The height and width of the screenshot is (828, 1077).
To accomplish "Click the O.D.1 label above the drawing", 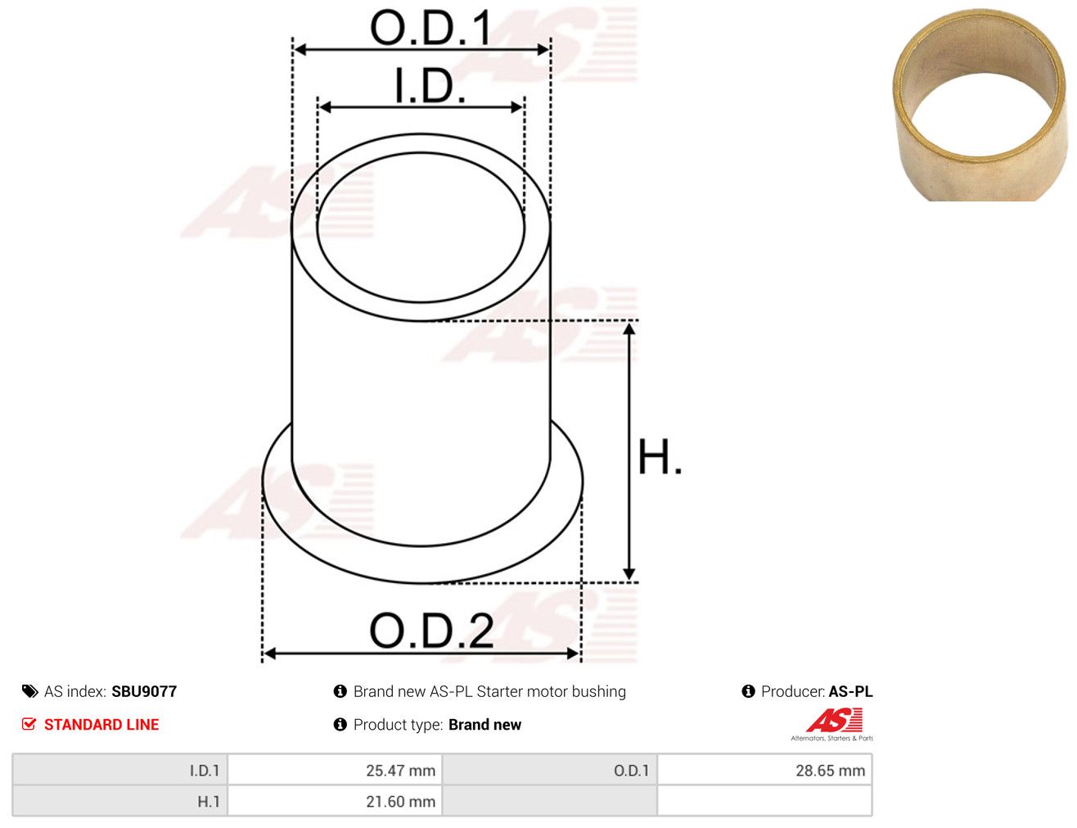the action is [430, 28].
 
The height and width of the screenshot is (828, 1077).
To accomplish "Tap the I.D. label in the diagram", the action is [430, 86].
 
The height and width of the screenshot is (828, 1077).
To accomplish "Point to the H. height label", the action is [660, 457].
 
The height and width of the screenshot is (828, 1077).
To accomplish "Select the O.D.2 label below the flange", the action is [431, 630].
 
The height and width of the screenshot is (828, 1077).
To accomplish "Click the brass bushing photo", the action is [980, 105].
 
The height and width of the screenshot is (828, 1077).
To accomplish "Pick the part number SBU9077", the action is [144, 691].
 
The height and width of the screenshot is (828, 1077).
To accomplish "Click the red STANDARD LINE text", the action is [101, 724].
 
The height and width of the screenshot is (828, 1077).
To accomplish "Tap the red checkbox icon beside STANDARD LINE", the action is [29, 724].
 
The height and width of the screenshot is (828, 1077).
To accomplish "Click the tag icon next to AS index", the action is [29, 691].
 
